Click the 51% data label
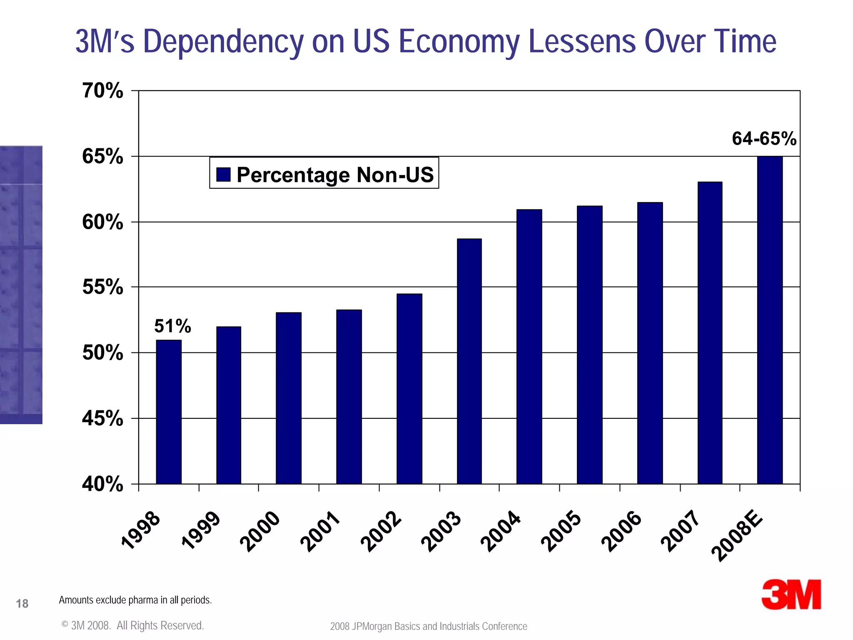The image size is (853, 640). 172,326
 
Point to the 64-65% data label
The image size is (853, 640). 764,139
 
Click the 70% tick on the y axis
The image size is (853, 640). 103,91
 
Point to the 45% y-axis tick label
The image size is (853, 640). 103,418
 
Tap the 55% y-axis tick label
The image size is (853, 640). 103,287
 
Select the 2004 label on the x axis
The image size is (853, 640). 501,531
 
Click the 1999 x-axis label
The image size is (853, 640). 201,530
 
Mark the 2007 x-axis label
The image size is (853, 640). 681,531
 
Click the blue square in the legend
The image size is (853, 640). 224,174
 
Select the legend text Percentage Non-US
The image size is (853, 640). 335,175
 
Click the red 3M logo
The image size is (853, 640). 791,594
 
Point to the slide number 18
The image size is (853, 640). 22,603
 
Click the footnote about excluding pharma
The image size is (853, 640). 135,600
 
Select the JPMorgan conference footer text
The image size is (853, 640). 429,626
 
